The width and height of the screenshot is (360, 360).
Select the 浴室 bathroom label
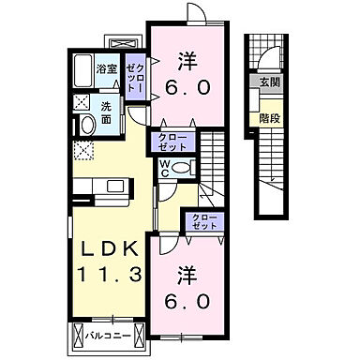click(x=106, y=68)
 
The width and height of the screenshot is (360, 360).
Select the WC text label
click(x=164, y=169)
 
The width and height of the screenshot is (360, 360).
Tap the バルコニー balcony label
click(x=110, y=334)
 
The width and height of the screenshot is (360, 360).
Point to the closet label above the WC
click(x=173, y=142)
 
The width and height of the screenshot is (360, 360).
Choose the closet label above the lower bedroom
click(x=203, y=222)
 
